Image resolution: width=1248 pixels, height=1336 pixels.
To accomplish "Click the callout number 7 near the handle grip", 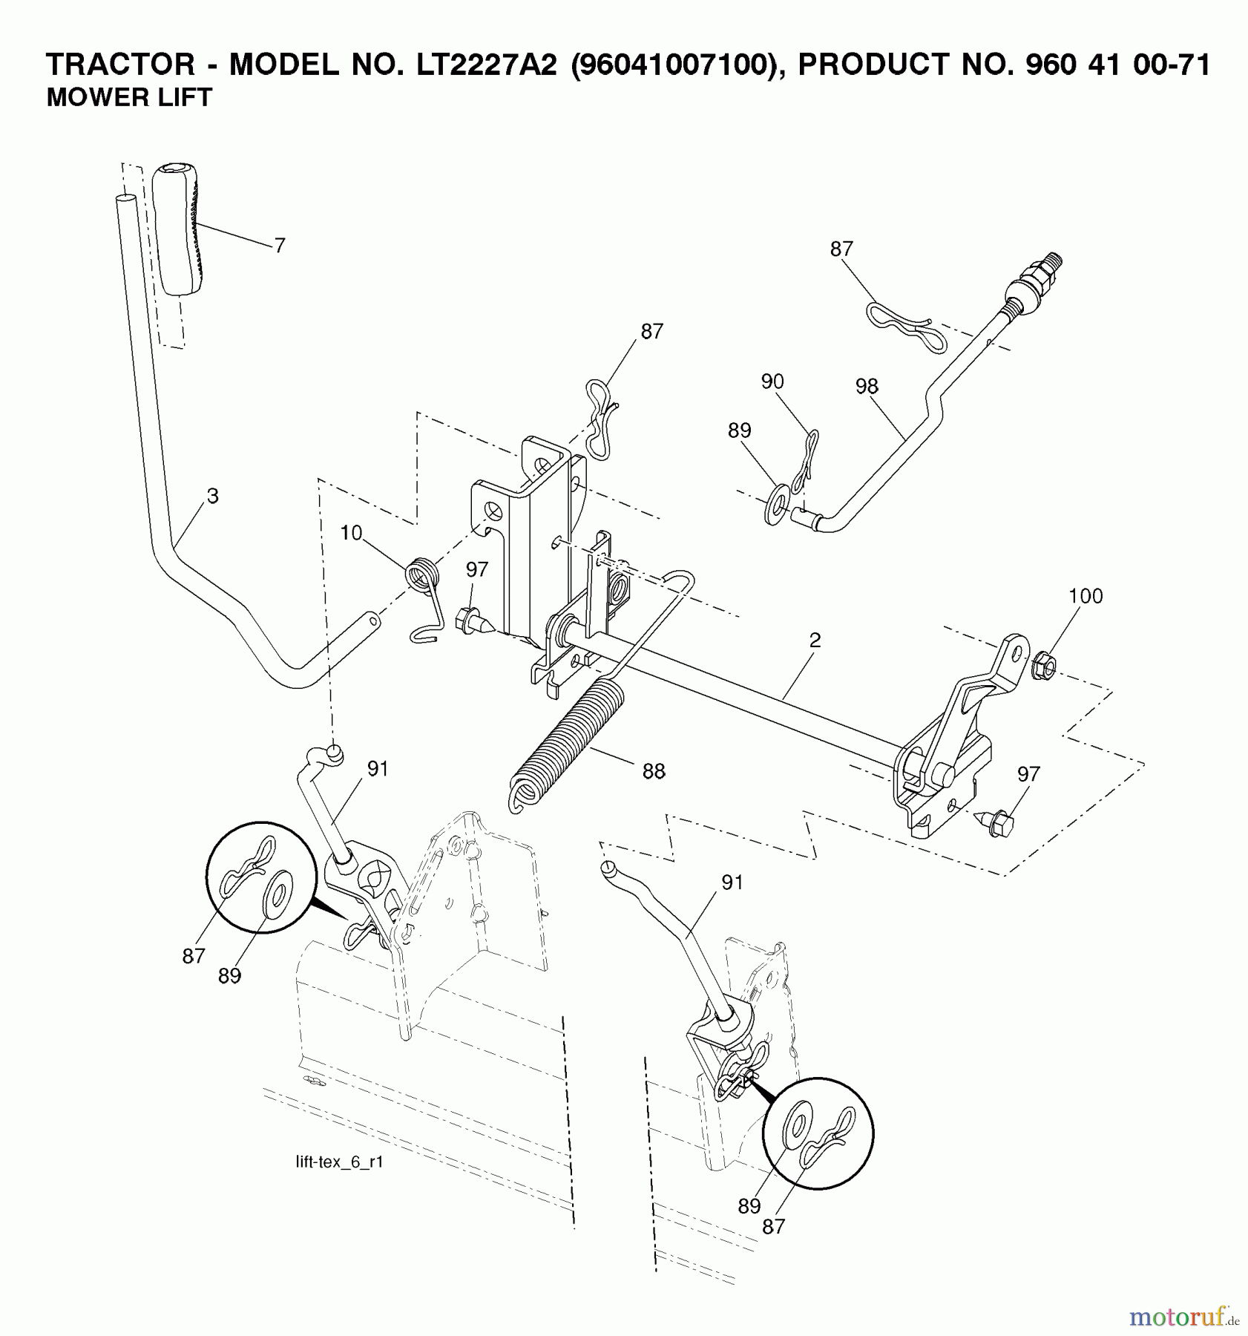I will click(279, 246).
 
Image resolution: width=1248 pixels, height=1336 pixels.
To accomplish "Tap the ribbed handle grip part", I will click(178, 230).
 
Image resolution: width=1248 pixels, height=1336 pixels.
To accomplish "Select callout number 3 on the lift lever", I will click(212, 497).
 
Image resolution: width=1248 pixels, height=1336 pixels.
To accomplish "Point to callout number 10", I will click(351, 533).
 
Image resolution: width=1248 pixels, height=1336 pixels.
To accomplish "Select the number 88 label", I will click(653, 772).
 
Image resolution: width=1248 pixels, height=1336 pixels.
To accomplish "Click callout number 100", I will click(1086, 596).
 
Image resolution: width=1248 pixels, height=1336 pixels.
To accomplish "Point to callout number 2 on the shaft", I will click(815, 641).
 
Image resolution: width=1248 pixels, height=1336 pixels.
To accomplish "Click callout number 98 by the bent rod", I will click(866, 387).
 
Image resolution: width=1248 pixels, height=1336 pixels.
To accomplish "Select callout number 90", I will click(772, 382).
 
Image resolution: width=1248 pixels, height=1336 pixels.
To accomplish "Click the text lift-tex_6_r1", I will click(339, 1162).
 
